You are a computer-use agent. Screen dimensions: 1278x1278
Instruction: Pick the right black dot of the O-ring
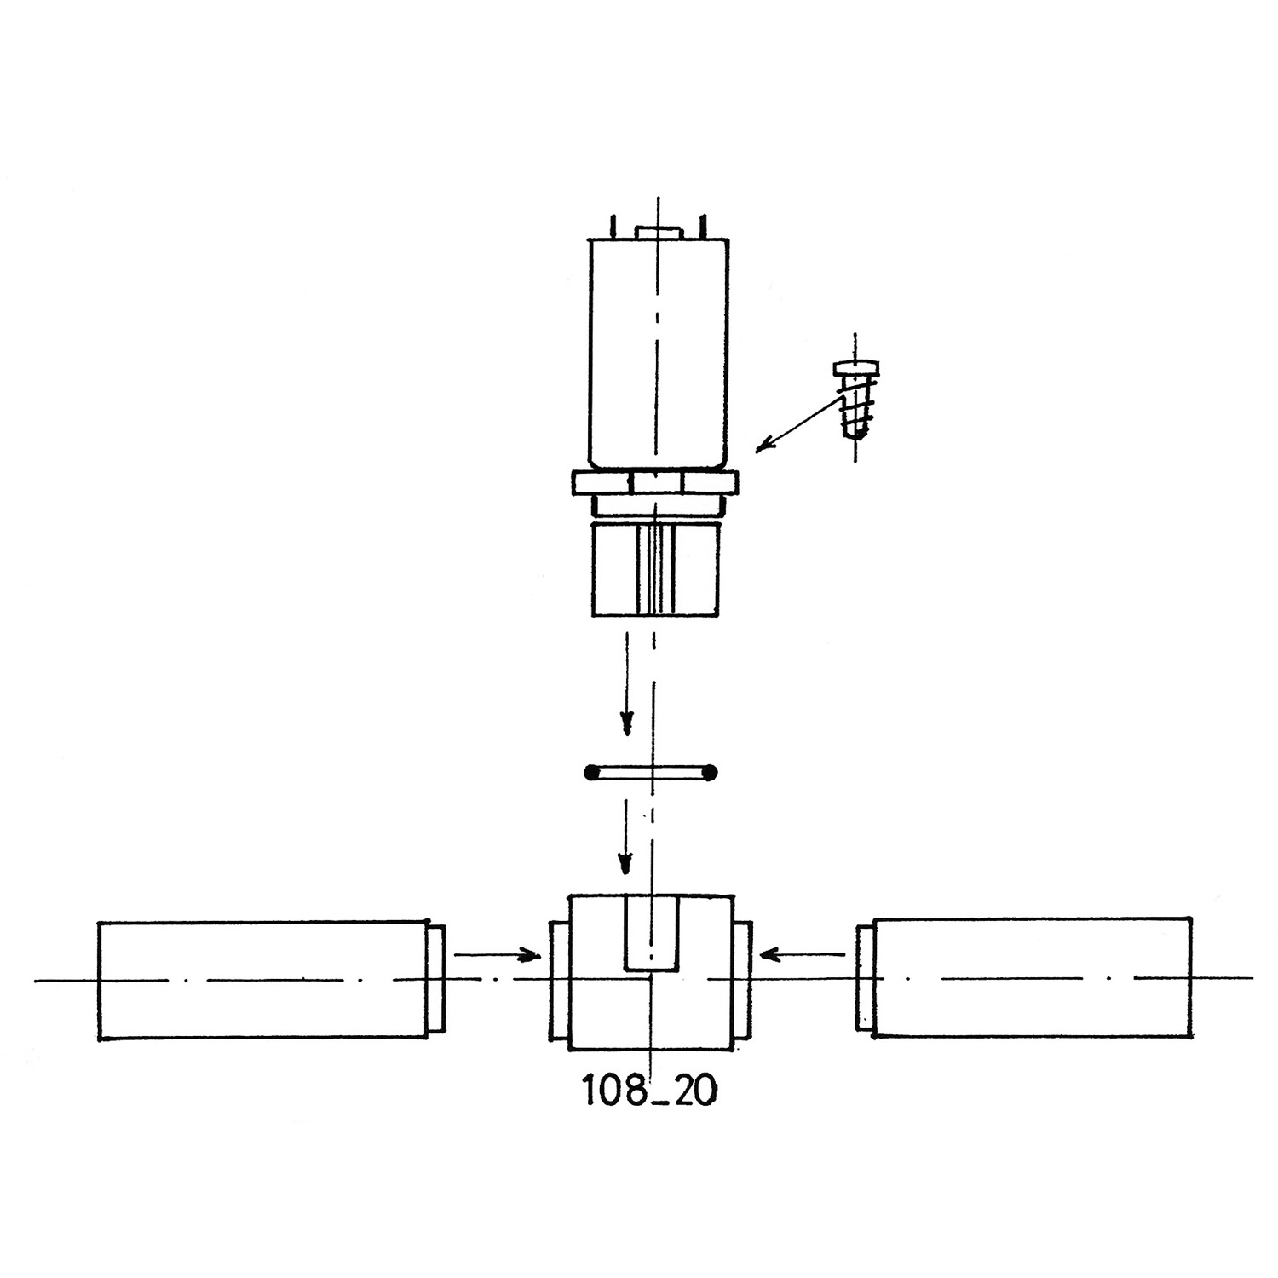pos(711,774)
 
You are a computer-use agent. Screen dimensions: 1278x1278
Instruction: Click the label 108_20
pos(648,1090)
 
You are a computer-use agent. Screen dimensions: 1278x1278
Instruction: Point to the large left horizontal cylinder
pos(263,980)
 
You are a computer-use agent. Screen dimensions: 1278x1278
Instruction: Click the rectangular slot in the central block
pos(651,932)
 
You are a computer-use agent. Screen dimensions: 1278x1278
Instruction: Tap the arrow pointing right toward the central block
pos(497,955)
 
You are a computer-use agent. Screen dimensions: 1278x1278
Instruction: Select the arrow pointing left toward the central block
pos(808,953)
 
